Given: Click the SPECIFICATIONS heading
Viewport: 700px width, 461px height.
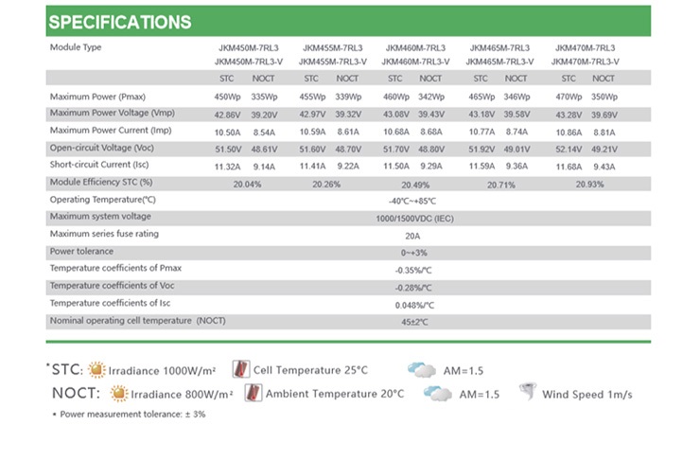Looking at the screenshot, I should pos(119,22).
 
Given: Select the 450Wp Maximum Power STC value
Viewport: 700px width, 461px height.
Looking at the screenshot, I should pos(227,97).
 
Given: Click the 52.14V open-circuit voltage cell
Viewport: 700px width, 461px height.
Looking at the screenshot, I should pos(569,149).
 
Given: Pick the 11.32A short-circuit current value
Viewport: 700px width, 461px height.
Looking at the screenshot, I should pos(227,167).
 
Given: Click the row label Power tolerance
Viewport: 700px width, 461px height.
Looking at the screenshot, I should pos(81,252).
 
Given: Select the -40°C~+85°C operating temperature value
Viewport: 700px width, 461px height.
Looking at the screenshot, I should pos(412,201).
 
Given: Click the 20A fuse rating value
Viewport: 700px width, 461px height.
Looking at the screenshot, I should pos(412,236).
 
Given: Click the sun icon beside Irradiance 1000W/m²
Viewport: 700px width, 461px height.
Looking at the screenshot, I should pos(97,369).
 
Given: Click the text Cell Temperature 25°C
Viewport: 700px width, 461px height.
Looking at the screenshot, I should pos(310,370).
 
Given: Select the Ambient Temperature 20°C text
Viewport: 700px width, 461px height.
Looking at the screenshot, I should pos(335,394).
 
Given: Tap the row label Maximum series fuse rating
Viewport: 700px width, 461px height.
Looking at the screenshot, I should pos(104,234).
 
